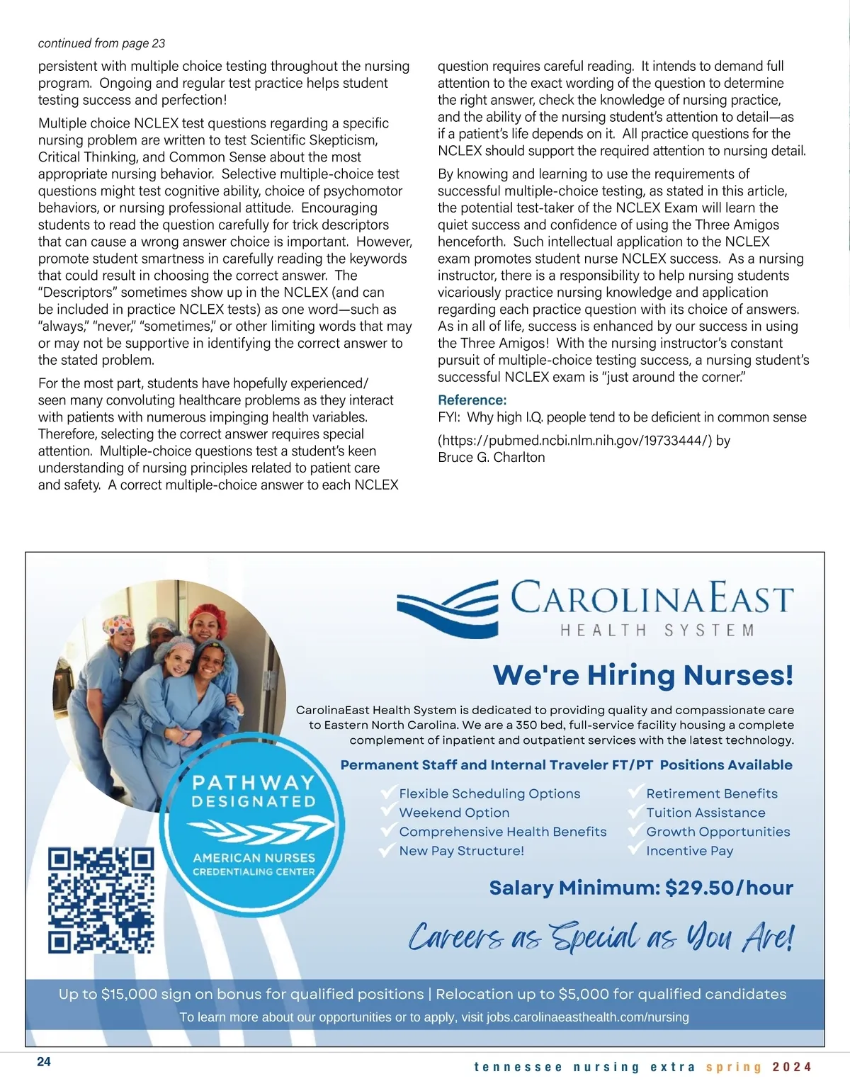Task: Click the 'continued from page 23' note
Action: (x=101, y=43)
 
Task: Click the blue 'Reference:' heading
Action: (x=472, y=400)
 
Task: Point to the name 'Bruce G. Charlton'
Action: (x=492, y=458)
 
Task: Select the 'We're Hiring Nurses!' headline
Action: (x=642, y=675)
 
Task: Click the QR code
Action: (x=101, y=900)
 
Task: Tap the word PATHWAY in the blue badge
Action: (x=253, y=783)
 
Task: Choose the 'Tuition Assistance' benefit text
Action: (x=705, y=813)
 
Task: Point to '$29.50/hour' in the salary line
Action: (x=729, y=888)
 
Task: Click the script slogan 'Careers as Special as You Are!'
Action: (x=601, y=938)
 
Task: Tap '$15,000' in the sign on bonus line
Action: (x=129, y=994)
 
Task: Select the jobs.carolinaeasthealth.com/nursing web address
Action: (x=587, y=1017)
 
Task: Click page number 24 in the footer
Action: (x=44, y=1062)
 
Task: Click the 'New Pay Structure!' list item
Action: (x=461, y=851)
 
